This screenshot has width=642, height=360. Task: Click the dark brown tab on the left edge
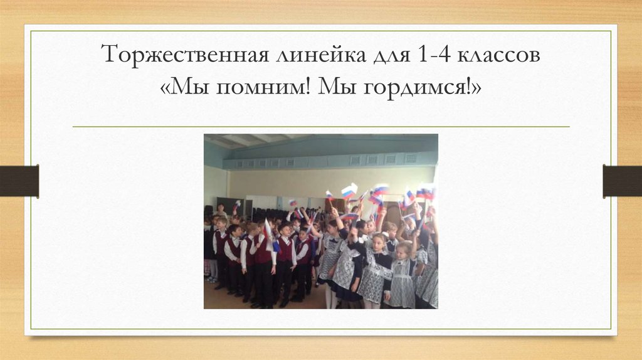19,181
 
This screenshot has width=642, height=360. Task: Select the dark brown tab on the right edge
622,181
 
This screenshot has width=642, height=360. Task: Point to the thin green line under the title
321,127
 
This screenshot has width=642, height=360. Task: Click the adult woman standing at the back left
221,211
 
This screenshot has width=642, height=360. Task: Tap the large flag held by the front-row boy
268,234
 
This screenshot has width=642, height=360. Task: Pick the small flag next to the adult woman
236,204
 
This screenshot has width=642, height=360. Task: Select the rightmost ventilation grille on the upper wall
411,159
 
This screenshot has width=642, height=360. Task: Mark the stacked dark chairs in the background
270,213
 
